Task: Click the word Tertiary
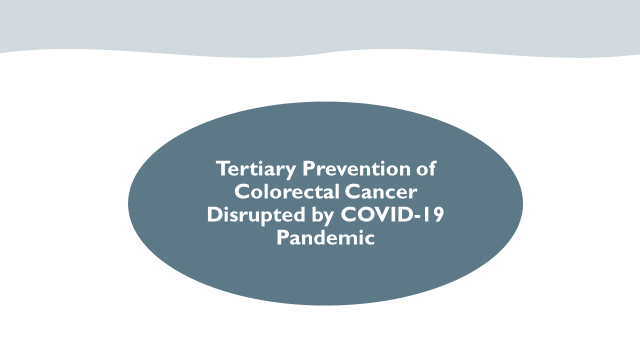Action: (x=256, y=169)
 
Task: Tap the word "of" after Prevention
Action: (x=426, y=168)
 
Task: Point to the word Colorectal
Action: (x=287, y=191)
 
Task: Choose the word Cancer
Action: (x=381, y=191)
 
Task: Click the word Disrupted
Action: (x=256, y=215)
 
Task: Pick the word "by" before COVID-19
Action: (x=322, y=215)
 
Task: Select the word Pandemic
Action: (x=325, y=237)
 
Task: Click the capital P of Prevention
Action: (x=308, y=168)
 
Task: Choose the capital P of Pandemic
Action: (x=282, y=237)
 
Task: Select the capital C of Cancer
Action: (x=352, y=191)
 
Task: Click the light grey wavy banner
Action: (x=320, y=25)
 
